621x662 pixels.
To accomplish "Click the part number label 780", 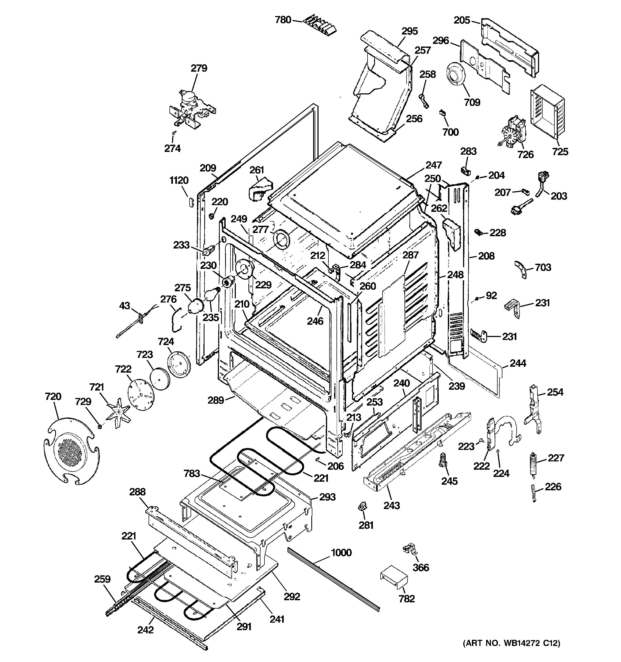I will [x=283, y=20].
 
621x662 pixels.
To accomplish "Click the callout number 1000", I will [x=341, y=552].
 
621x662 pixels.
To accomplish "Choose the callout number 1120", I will [x=179, y=181].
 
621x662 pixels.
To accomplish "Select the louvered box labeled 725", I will [x=547, y=112].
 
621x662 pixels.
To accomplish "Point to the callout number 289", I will [x=216, y=400].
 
